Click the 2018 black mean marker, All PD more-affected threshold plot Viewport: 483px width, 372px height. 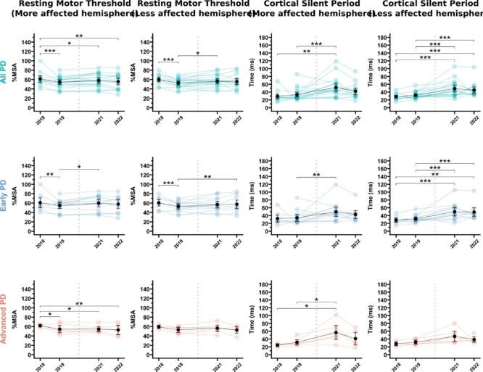[x=40, y=79]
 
